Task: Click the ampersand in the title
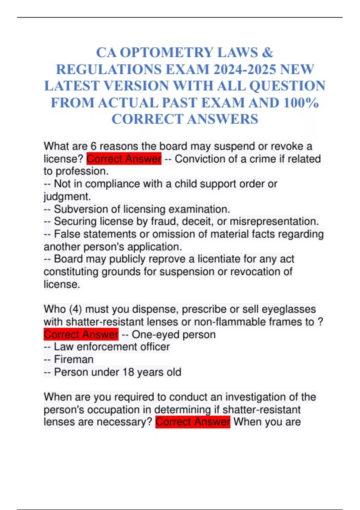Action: (267, 53)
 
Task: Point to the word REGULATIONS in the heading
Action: (109, 70)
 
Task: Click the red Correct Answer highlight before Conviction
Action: (124, 159)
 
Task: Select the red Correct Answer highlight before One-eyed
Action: (81, 334)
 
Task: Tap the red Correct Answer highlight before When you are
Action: (193, 422)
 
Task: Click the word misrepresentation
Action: (274, 221)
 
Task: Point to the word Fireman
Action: (74, 359)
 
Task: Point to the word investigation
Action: (255, 397)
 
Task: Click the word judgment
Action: (67, 196)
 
